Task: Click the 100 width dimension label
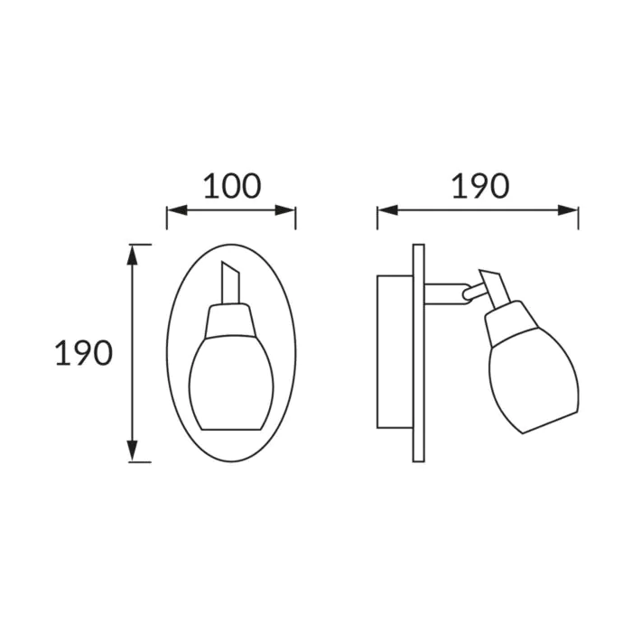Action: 233,186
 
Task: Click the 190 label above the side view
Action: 480,186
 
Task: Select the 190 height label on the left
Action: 83,353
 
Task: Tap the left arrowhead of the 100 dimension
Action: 177,210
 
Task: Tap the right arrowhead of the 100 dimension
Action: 285,210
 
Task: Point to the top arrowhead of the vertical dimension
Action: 132,255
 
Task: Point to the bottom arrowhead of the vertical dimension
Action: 132,451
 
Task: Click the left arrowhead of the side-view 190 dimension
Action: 387,210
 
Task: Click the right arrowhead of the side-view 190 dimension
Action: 568,210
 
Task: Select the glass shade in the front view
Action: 231,383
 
